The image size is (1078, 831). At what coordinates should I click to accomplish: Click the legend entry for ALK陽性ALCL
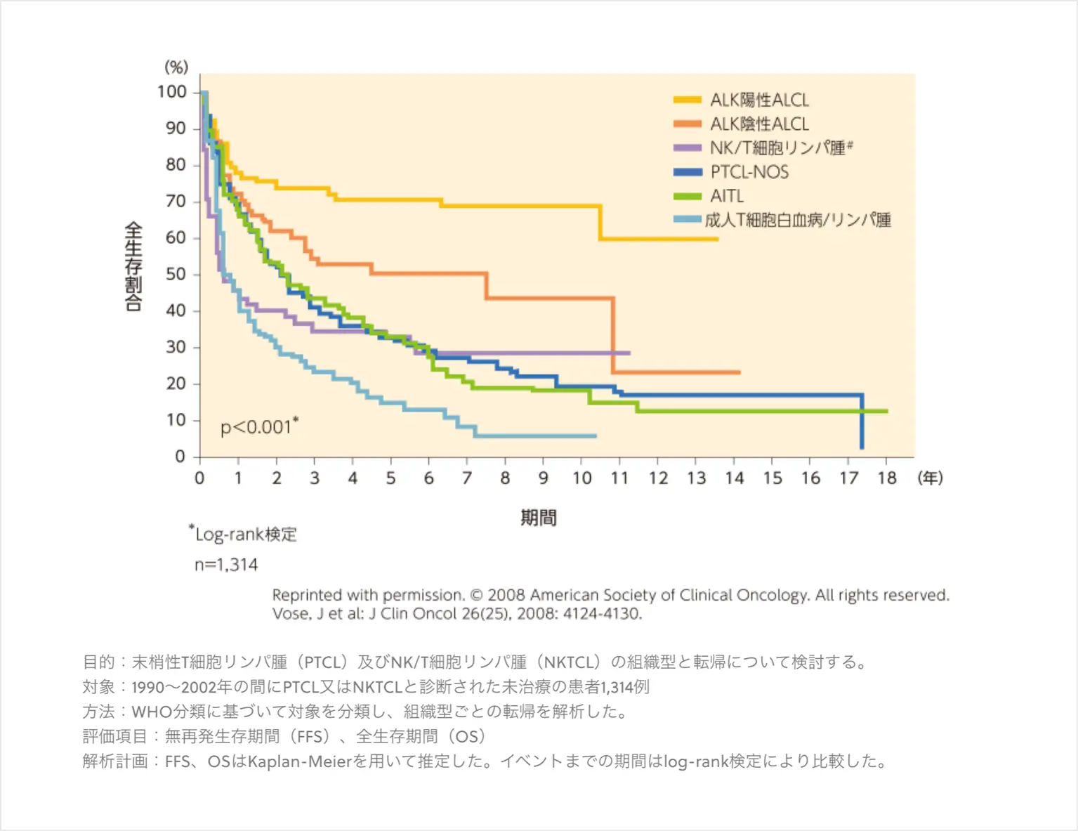click(x=759, y=100)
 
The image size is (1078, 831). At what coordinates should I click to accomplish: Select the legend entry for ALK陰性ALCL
click(x=759, y=124)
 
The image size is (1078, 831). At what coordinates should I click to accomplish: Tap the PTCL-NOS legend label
click(x=749, y=172)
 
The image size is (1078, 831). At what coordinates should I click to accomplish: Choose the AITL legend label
click(x=727, y=196)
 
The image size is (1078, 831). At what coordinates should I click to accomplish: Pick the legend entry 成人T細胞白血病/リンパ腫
click(x=798, y=220)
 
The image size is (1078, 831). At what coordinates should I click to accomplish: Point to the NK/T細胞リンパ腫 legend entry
click(x=780, y=148)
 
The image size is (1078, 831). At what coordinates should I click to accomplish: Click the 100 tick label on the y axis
click(x=172, y=92)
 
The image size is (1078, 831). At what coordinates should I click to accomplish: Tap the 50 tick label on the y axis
click(x=176, y=274)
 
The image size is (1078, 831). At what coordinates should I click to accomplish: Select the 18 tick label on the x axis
click(x=887, y=478)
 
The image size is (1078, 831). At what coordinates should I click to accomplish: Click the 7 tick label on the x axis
click(x=467, y=478)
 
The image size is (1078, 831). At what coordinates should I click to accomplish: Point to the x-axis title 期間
click(x=539, y=518)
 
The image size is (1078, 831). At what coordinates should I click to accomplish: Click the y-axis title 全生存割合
click(x=133, y=266)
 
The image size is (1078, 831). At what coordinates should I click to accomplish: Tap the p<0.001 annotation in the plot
click(x=258, y=426)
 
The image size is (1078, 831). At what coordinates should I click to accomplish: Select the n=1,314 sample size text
click(x=226, y=565)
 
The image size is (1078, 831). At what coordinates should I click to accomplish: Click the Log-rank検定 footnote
click(x=245, y=535)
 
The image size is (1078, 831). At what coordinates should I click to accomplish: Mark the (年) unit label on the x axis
click(x=931, y=478)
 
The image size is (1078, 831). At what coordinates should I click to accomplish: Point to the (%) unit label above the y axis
click(x=176, y=67)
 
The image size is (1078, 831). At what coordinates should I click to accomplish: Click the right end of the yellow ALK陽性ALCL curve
click(x=717, y=239)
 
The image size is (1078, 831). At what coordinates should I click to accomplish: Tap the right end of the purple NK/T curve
click(x=629, y=353)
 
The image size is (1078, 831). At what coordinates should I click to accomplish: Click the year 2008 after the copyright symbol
click(x=506, y=595)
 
